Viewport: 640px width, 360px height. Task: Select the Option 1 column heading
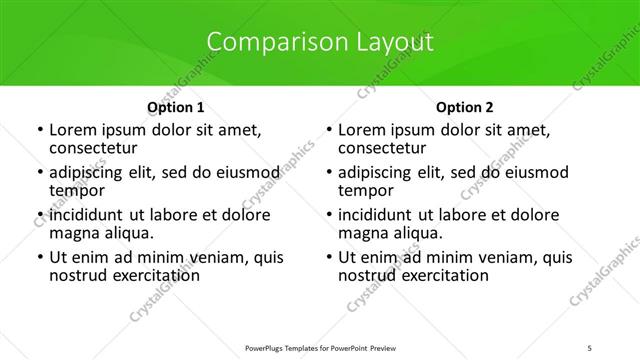click(x=176, y=107)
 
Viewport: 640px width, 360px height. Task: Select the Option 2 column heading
click(x=465, y=107)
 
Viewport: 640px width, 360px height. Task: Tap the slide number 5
click(x=590, y=347)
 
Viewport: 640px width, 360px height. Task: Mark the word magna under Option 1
click(x=73, y=233)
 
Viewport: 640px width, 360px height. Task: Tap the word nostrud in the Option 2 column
click(x=366, y=275)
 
